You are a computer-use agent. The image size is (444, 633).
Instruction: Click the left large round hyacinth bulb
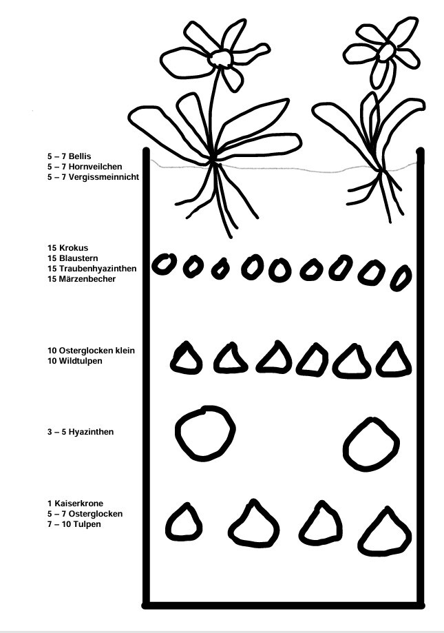pyautogui.click(x=205, y=433)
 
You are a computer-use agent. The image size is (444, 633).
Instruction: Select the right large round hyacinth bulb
pyautogui.click(x=372, y=444)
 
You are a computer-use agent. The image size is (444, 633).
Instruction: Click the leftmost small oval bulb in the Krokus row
pyautogui.click(x=163, y=264)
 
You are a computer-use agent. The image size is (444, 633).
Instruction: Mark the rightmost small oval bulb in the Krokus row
pyautogui.click(x=401, y=278)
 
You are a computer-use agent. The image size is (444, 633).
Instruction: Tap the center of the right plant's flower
pyautogui.click(x=385, y=52)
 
